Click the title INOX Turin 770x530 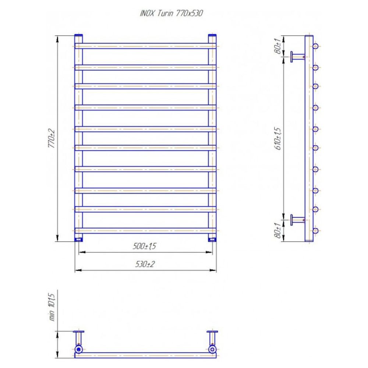(x=171, y=13)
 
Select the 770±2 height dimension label (x=52, y=138)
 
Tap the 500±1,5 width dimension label (x=144, y=246)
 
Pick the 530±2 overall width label (x=145, y=264)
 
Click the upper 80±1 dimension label (x=277, y=46)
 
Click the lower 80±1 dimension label (x=277, y=230)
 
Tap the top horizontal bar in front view (x=145, y=46)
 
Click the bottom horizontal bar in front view (x=145, y=230)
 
